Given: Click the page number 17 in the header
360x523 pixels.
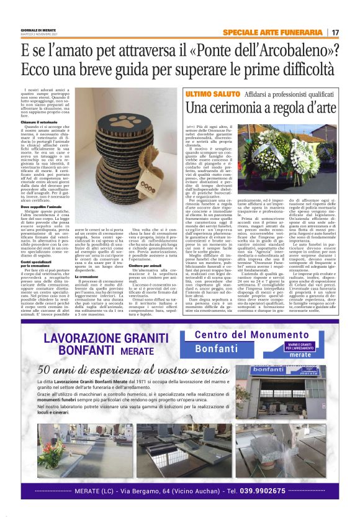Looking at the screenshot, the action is pos(335,32).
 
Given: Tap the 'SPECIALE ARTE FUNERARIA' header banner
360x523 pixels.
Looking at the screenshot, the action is pos(272,32).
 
